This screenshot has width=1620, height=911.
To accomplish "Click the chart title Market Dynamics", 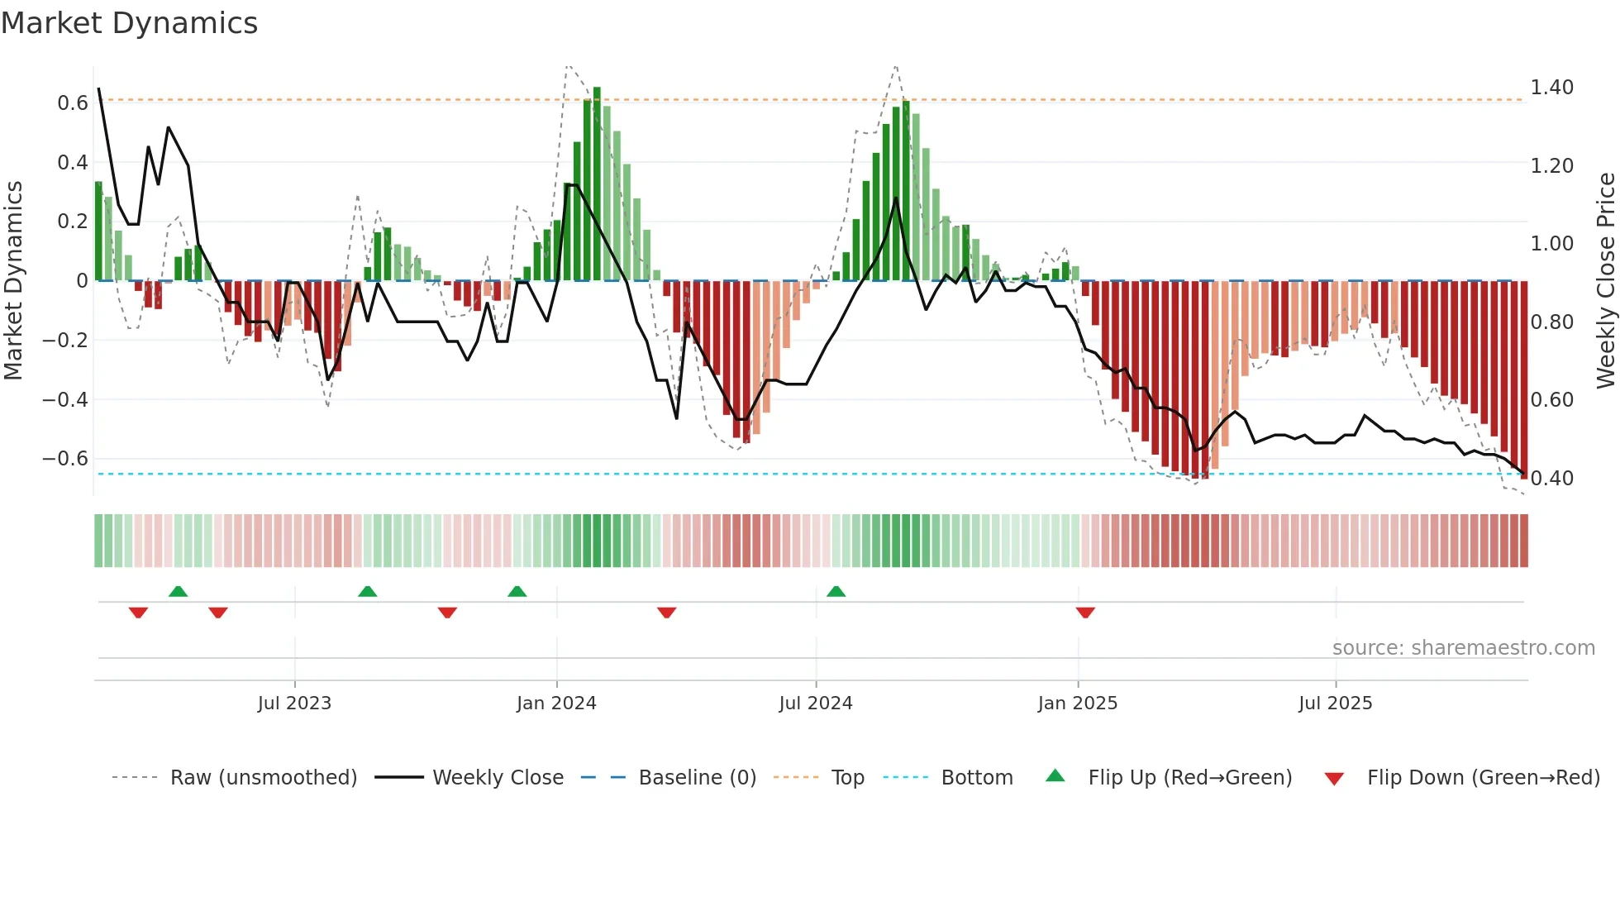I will [x=129, y=23].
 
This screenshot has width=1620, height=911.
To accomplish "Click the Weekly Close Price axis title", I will [x=1605, y=280].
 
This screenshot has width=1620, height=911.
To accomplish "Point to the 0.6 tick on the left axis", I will [x=73, y=103].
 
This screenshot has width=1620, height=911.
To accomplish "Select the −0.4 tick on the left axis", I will [x=65, y=399].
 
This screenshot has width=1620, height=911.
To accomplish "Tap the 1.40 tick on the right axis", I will [x=1551, y=88].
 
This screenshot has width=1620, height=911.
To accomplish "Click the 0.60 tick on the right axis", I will [x=1551, y=400].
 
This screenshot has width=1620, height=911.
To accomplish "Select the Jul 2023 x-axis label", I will [x=294, y=704].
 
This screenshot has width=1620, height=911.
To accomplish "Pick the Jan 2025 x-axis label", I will [x=1077, y=704].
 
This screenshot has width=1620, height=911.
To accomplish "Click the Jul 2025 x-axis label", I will [x=1335, y=704].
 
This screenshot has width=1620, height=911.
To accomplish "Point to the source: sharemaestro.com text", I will [x=1463, y=648].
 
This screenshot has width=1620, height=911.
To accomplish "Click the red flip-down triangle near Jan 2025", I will [x=1085, y=613].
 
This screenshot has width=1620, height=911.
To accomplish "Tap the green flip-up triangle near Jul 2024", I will [x=836, y=591].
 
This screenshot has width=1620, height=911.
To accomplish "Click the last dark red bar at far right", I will [x=1523, y=379].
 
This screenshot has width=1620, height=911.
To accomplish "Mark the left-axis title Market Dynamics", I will [x=13, y=280].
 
